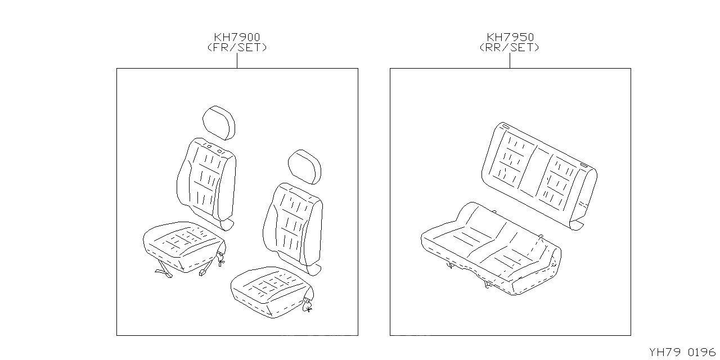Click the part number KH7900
(x=237, y=37)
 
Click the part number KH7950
(x=510, y=37)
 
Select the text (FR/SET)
(x=237, y=48)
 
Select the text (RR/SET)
(x=510, y=48)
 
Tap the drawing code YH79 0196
(x=682, y=353)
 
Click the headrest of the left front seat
(x=218, y=122)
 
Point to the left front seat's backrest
(x=206, y=180)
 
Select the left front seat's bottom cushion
(x=183, y=245)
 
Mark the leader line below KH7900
(x=237, y=60)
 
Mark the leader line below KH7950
(x=510, y=60)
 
